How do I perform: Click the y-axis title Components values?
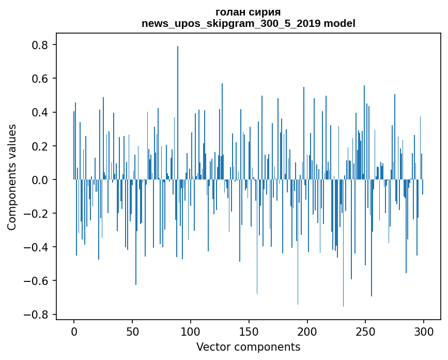12,177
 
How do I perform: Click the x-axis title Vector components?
248,347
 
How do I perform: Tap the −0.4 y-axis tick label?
37,247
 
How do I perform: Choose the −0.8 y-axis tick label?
37,314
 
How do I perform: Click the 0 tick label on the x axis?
74,331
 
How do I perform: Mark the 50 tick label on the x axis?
132,331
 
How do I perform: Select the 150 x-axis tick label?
249,331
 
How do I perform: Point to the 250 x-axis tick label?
366,331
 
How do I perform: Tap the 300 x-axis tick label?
424,331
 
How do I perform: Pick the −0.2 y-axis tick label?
37,214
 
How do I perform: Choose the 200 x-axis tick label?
307,331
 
